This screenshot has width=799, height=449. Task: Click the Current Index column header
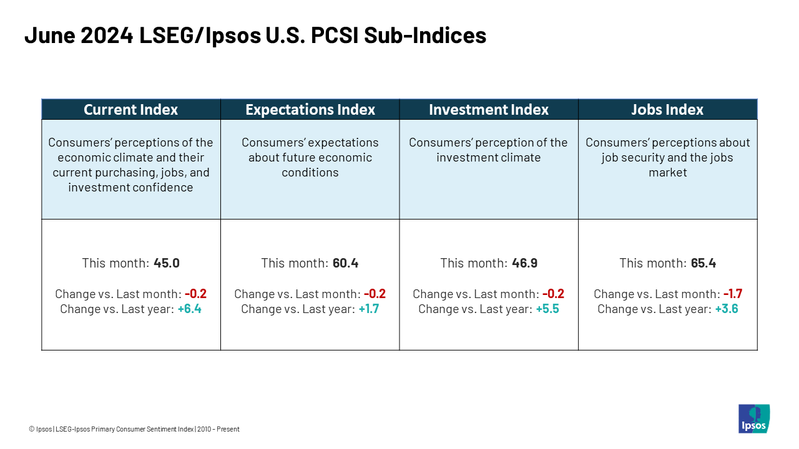130,110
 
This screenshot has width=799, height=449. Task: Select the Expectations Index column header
310,110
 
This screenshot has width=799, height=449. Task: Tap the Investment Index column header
489,110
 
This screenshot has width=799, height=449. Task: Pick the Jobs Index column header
667,110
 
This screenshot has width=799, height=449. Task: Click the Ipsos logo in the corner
753,418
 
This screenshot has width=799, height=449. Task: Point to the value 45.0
167,263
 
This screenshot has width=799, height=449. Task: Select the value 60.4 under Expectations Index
345,263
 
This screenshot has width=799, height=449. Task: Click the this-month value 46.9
524,263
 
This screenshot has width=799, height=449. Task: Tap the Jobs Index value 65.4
703,263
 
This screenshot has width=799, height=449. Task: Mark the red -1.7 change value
732,294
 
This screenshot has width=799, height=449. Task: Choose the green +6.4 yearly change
189,309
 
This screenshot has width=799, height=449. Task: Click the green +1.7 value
368,309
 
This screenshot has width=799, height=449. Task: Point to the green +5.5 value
547,309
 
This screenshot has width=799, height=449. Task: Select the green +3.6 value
726,309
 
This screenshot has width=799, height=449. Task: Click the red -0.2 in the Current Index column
195,294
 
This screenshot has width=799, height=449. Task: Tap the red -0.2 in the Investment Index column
553,294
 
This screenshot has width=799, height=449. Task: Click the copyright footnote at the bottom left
134,429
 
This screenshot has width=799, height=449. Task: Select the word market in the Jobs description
667,173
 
